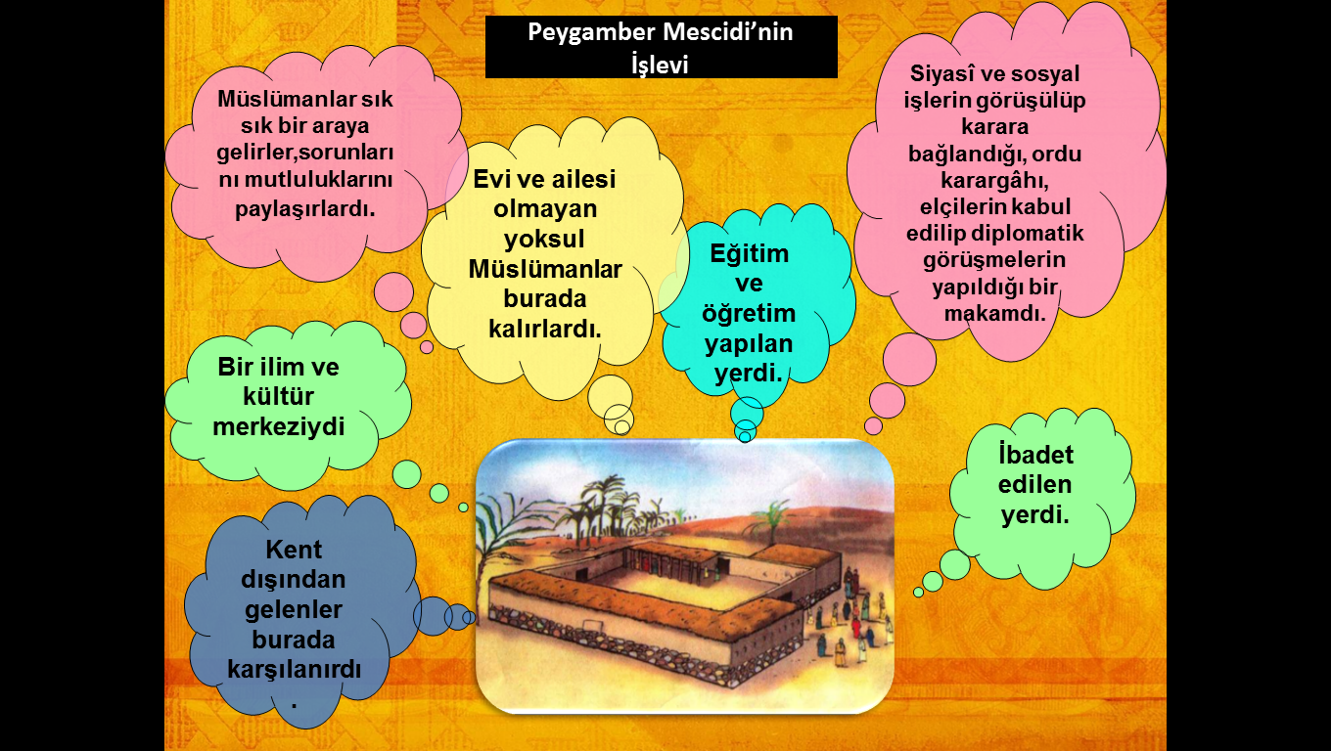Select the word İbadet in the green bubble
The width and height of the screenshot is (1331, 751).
tap(1035, 456)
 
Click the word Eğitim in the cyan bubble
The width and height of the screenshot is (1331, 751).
tap(750, 254)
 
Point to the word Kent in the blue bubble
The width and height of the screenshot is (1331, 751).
tap(294, 550)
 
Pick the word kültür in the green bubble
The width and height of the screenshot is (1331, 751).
tap(278, 397)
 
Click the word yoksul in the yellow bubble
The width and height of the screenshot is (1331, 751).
tap(544, 240)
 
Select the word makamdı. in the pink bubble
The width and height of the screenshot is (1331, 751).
tap(994, 314)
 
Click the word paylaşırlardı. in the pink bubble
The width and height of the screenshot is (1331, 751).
tap(304, 209)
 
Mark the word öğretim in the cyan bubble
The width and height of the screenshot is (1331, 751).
tap(749, 314)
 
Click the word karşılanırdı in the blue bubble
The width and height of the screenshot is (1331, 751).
tap(295, 670)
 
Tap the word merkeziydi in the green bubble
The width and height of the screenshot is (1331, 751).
tap(279, 427)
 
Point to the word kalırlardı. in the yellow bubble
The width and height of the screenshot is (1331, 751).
tap(545, 329)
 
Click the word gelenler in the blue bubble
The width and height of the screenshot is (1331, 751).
tap(294, 610)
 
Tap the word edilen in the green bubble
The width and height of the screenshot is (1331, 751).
tap(1034, 485)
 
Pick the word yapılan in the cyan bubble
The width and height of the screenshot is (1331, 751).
tap(749, 344)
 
